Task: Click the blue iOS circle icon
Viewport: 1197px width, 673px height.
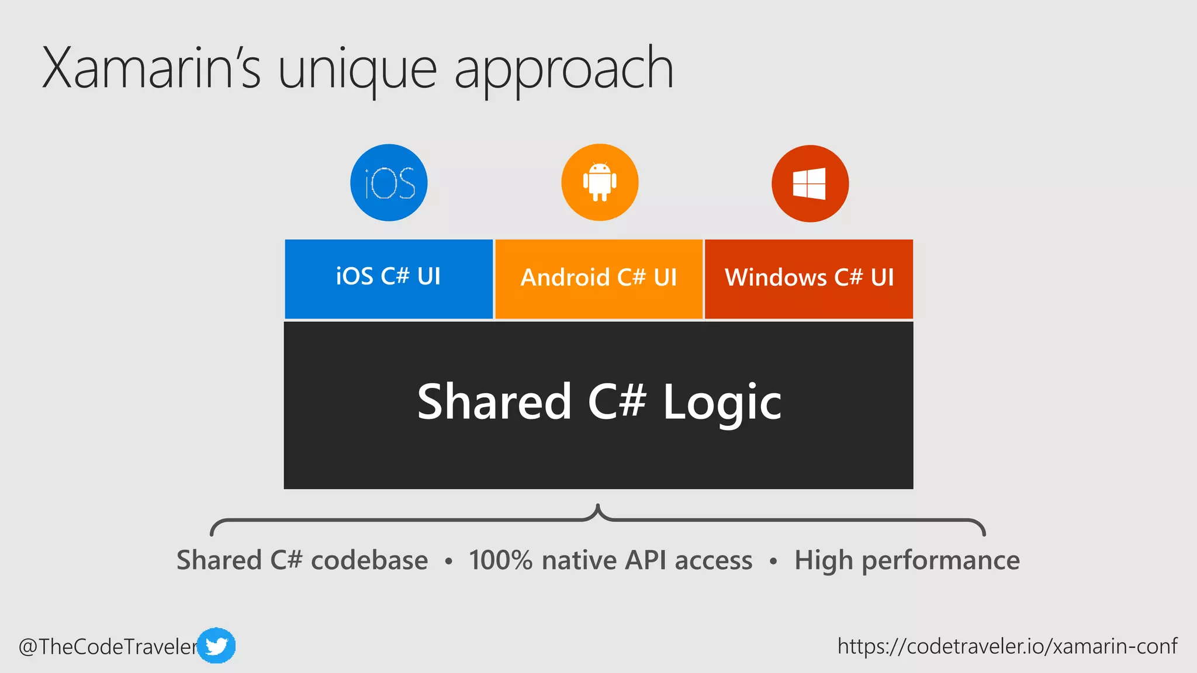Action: pyautogui.click(x=389, y=183)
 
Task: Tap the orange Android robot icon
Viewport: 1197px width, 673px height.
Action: pyautogui.click(x=600, y=182)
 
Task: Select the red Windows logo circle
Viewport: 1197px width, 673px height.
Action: pyautogui.click(x=810, y=183)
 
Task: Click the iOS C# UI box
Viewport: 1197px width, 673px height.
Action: pyautogui.click(x=389, y=278)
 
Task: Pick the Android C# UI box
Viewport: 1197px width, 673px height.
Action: pyautogui.click(x=598, y=278)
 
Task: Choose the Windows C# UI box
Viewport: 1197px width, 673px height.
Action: pyautogui.click(x=809, y=278)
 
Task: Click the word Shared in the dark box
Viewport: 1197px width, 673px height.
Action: pyautogui.click(x=494, y=402)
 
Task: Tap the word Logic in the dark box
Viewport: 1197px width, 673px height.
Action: pyautogui.click(x=722, y=402)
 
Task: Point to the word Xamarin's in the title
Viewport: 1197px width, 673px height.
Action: pyautogui.click(x=151, y=69)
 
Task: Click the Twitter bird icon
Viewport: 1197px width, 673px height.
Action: pyautogui.click(x=216, y=646)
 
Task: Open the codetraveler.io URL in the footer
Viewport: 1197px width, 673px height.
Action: pyautogui.click(x=1007, y=646)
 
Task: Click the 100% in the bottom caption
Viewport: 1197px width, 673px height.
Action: pyautogui.click(x=500, y=560)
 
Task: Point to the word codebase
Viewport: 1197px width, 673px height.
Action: pyautogui.click(x=369, y=560)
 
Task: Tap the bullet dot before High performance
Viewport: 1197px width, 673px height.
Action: pyautogui.click(x=773, y=562)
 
